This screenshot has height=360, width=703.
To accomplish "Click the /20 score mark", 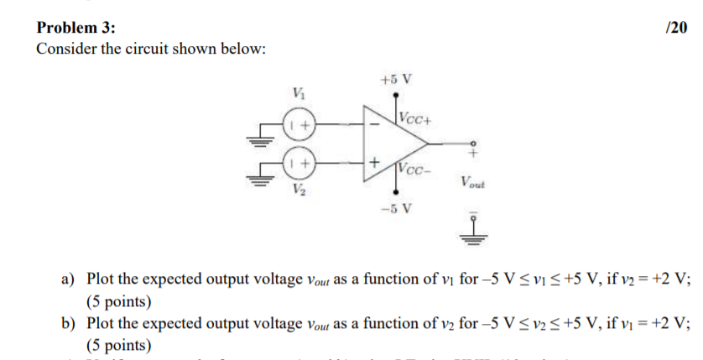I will (x=676, y=28).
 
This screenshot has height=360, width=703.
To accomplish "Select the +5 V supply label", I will (x=396, y=81).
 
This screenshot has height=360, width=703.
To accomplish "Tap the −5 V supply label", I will (x=396, y=208).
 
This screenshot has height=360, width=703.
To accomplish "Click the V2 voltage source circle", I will (x=299, y=159).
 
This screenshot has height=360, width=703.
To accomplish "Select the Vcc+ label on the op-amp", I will (x=415, y=117).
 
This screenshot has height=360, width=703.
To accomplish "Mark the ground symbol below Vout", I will (x=473, y=233).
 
